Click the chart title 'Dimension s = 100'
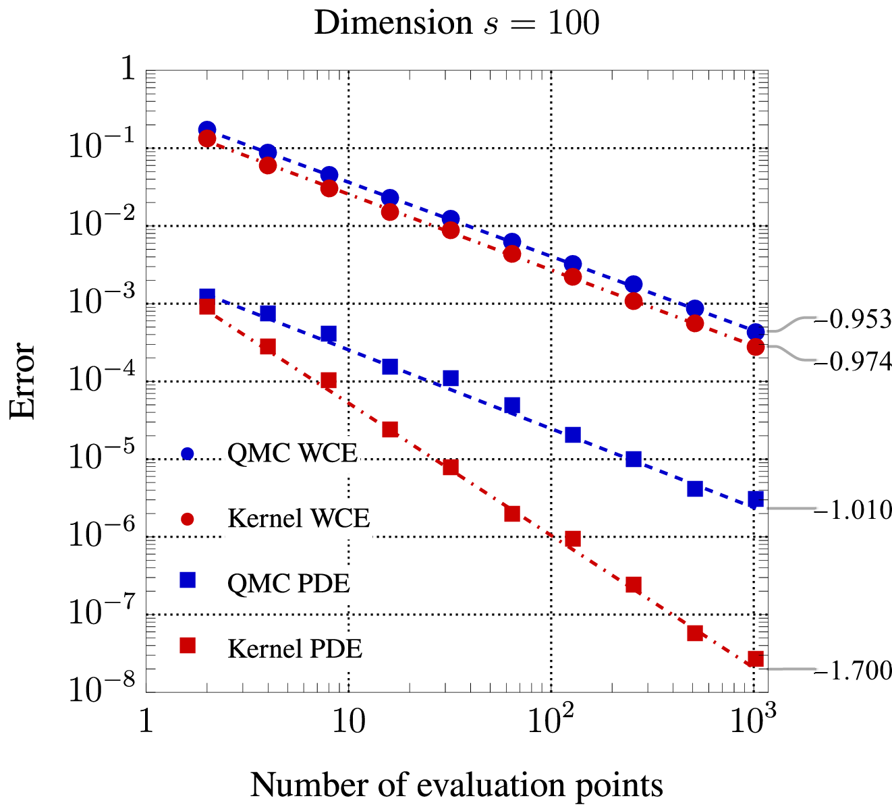tap(457, 22)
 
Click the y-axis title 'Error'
tap(22, 381)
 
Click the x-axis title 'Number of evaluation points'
tap(457, 786)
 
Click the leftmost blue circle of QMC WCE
tap(206, 130)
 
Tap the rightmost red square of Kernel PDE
tap(756, 659)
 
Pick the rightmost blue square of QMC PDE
tap(756, 499)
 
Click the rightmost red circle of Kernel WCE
tap(756, 347)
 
